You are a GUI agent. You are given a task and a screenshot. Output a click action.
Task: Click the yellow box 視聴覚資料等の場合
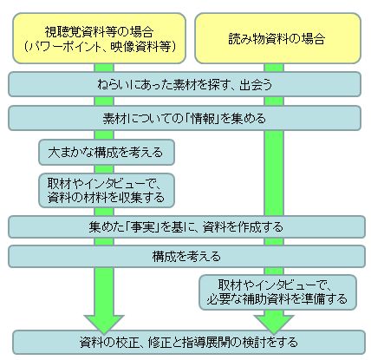tap(99, 38)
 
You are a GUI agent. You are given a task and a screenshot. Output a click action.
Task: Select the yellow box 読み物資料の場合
tap(277, 38)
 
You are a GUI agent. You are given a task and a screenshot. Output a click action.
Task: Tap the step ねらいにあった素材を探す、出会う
tap(185, 84)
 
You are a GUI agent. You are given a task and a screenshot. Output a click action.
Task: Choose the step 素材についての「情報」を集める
tap(185, 118)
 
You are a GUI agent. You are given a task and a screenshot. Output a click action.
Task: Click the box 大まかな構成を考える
tap(107, 153)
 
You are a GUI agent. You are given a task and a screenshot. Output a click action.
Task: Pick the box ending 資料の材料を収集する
tap(107, 190)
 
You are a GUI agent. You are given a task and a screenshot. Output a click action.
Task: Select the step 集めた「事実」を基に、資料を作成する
tap(186, 226)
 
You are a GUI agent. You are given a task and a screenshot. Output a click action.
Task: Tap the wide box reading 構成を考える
tap(186, 256)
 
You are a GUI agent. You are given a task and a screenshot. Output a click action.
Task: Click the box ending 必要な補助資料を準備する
tap(277, 292)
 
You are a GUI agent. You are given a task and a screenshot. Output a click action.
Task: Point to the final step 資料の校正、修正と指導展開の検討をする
tap(189, 342)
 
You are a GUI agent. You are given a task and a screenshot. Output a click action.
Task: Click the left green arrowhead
tap(104, 323)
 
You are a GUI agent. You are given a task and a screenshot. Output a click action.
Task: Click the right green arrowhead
tap(274, 324)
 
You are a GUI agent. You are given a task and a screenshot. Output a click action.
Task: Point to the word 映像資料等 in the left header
tap(140, 46)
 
